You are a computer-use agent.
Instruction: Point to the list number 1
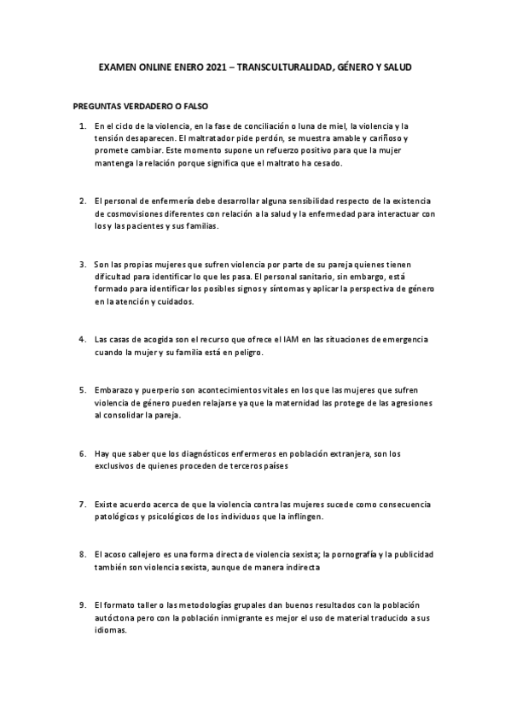[x=82, y=126]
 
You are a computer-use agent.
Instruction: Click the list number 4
[x=82, y=339]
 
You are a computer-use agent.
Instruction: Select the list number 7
[x=82, y=504]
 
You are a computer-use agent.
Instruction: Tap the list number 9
[x=82, y=603]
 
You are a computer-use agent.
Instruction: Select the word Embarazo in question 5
[x=114, y=388]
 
